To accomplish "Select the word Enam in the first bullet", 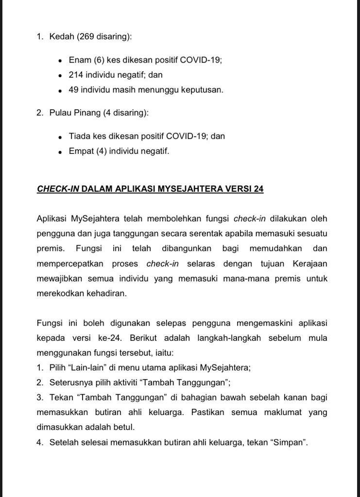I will [79, 60].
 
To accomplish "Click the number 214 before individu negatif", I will [76, 75].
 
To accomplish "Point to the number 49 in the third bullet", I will [74, 90].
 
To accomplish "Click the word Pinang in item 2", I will [88, 113].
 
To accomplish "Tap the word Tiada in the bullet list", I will [79, 136].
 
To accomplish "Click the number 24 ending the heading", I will [258, 188].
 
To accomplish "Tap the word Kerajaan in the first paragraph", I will [310, 264].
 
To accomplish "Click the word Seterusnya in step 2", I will [70, 382].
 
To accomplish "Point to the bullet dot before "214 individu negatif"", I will [60, 76].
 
